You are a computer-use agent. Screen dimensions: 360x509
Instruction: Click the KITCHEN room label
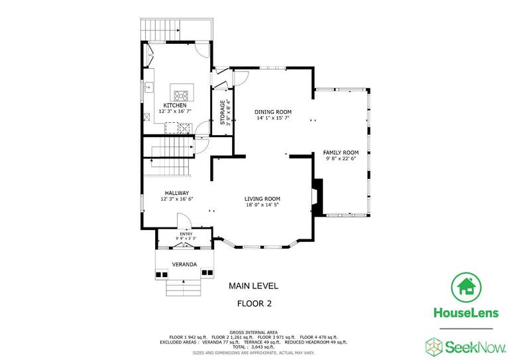[x=175, y=105]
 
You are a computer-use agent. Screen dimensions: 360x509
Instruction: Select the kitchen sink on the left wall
[x=149, y=86]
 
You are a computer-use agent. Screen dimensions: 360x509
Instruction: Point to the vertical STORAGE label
[x=222, y=113]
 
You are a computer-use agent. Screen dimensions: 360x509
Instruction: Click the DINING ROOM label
[x=273, y=112]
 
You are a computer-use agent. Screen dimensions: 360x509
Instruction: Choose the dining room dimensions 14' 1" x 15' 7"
[x=273, y=118]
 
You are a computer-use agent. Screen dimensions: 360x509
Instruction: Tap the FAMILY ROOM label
[x=341, y=152]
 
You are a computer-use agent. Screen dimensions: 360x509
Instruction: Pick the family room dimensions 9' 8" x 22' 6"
[x=341, y=158]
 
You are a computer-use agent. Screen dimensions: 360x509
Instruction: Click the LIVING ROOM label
[x=262, y=199]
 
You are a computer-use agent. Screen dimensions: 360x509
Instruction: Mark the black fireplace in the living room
[x=318, y=198]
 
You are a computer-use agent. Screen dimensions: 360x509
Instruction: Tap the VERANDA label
[x=184, y=265]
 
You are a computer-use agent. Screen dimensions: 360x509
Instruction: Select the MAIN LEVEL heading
[x=254, y=286]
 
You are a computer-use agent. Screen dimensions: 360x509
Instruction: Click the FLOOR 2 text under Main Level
[x=254, y=304]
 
